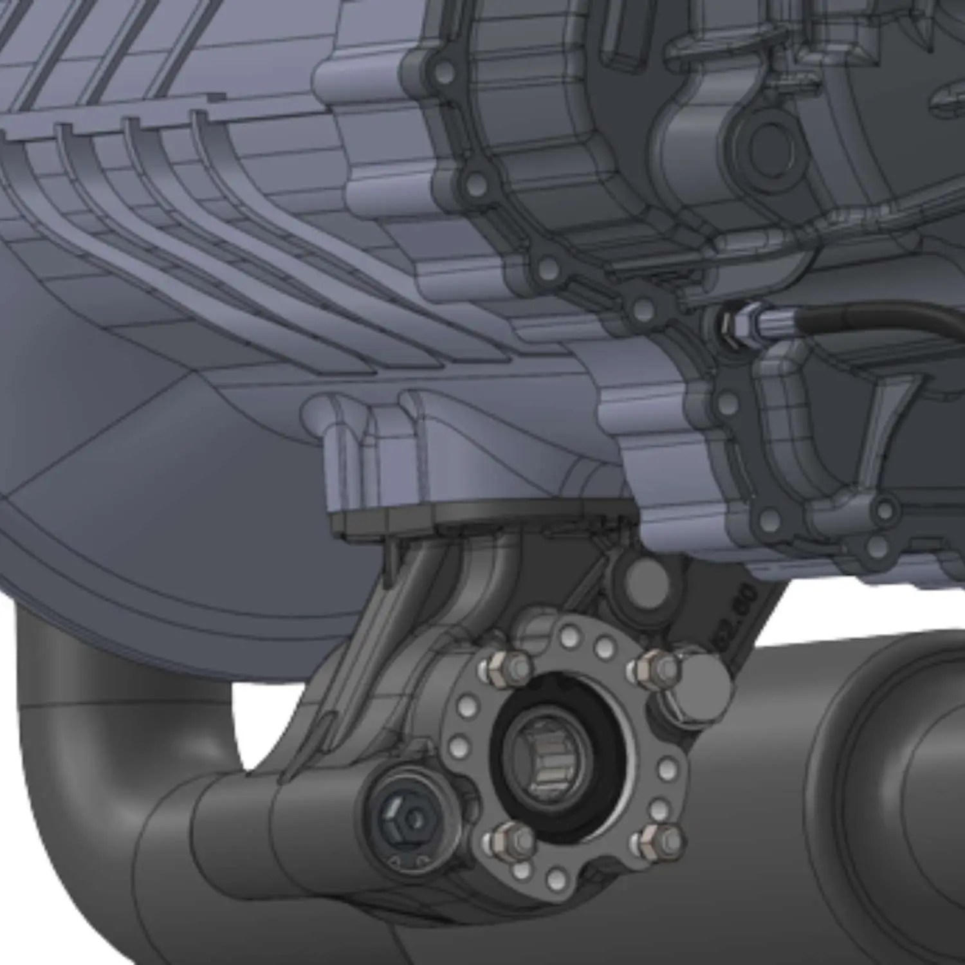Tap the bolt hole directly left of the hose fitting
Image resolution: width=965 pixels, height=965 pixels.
click(x=641, y=309)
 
